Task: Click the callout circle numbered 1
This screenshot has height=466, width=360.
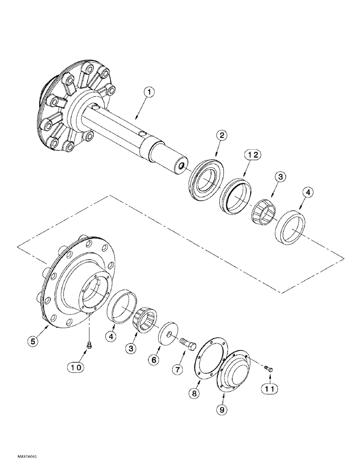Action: pos(148,93)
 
